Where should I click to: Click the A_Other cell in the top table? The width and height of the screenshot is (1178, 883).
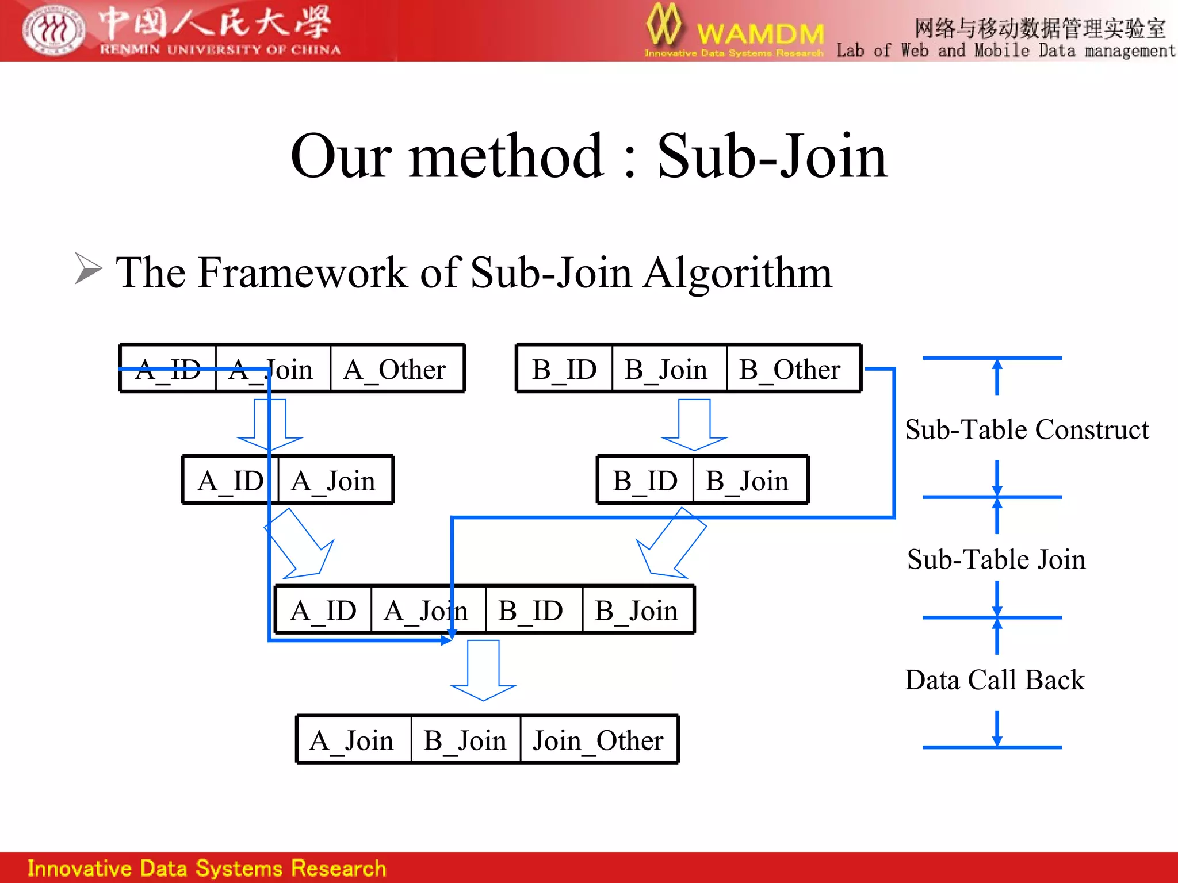click(396, 369)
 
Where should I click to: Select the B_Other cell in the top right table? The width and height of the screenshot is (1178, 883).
click(791, 369)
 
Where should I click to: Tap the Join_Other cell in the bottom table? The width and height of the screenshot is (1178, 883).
click(598, 740)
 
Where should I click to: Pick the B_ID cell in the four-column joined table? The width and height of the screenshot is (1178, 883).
click(532, 611)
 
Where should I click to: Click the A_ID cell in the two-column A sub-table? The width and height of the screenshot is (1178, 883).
click(230, 481)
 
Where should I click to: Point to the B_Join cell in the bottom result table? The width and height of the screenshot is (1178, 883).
click(465, 740)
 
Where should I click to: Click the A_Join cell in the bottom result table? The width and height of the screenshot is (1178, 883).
click(352, 740)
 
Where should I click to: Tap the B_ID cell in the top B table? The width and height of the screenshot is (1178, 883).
click(564, 369)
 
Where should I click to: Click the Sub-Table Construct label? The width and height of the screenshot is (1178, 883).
click(1027, 429)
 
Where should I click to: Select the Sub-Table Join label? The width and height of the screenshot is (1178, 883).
click(996, 559)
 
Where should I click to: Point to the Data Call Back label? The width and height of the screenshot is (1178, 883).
click(995, 680)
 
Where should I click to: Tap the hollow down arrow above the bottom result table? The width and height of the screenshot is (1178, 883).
click(483, 670)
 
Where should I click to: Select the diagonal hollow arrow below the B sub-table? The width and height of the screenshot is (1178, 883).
click(671, 543)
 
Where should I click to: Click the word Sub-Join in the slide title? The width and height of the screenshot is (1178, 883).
click(772, 156)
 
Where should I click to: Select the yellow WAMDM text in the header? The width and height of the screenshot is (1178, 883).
click(760, 33)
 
